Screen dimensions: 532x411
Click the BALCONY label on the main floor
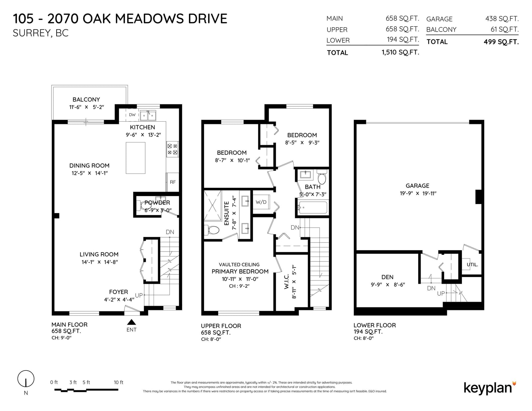tap(86, 100)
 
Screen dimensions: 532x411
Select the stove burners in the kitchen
tap(172, 149)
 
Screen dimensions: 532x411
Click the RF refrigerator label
tap(173, 182)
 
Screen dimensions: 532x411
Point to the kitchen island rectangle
tap(136, 158)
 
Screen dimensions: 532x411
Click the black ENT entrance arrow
tap(131, 322)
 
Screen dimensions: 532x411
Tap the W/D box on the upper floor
tap(261, 202)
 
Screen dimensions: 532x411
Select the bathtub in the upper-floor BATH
tap(313, 208)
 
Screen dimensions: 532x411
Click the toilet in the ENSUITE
tap(212, 230)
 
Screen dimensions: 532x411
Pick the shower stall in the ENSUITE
tap(212, 206)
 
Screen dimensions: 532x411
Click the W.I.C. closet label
tap(286, 281)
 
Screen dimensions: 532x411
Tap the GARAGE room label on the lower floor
tap(417, 186)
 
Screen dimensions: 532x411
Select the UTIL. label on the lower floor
tap(472, 265)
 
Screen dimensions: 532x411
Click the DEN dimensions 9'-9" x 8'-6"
tap(388, 284)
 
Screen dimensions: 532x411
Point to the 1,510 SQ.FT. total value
tap(400, 52)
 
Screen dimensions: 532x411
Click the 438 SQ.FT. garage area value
tap(502, 19)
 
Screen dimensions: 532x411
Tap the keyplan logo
tap(490, 388)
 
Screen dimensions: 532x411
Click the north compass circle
tap(26, 379)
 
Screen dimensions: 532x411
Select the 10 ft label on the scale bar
tap(118, 382)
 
